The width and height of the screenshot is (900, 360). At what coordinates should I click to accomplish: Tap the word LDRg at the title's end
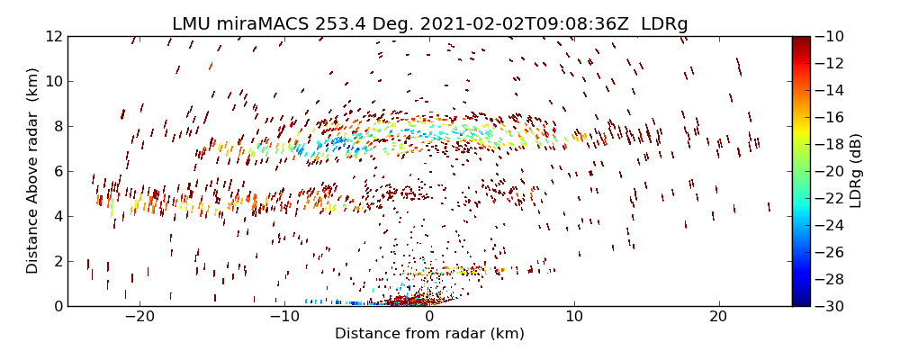(664, 23)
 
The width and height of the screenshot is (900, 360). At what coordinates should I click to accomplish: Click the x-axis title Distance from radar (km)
(429, 335)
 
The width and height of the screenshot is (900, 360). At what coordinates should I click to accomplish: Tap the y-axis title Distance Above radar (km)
(33, 171)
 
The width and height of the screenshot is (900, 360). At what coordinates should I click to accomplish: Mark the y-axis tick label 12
(52, 36)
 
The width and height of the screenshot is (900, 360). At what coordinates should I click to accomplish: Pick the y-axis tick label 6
(57, 171)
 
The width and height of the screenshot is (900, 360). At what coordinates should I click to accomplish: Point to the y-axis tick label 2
(57, 261)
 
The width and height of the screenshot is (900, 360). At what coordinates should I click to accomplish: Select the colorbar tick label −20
(834, 171)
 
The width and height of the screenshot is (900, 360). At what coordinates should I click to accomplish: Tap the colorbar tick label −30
(834, 306)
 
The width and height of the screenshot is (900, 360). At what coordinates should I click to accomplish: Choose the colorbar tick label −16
(834, 117)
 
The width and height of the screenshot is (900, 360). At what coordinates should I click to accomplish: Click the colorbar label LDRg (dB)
(856, 171)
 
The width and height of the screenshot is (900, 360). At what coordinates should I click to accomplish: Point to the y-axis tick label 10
(52, 81)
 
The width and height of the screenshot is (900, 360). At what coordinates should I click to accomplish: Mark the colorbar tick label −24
(834, 225)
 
